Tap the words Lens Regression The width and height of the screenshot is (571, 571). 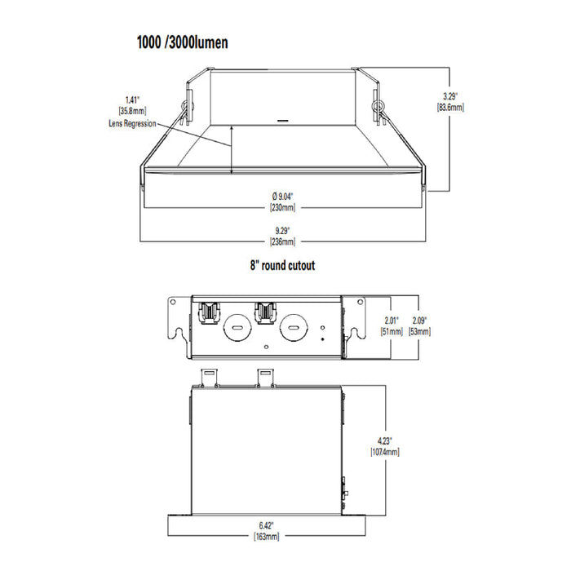click(132, 123)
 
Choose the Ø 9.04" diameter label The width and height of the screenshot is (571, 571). click(282, 195)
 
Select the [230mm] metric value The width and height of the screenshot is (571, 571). click(282, 207)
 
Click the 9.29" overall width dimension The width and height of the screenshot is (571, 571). click(282, 230)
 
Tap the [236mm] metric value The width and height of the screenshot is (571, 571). click(282, 241)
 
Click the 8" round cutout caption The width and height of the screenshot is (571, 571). click(282, 265)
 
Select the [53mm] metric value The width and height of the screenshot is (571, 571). click(420, 331)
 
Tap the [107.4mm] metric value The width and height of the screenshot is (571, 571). click(383, 452)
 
